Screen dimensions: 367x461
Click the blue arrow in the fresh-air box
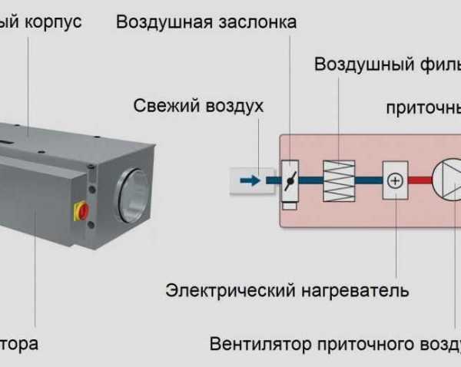[250, 181]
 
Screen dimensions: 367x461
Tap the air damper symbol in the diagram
[290, 181]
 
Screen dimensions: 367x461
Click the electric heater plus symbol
[395, 181]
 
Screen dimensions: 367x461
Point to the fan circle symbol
[446, 181]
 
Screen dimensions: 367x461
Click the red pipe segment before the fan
[419, 181]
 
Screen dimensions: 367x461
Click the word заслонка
[256, 22]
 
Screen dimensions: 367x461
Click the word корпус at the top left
[54, 22]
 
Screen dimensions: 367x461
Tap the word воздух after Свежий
[234, 106]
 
